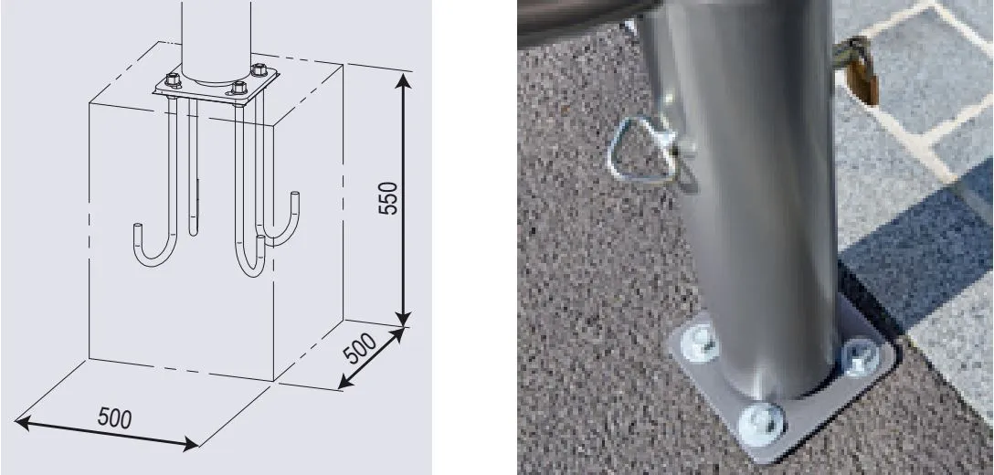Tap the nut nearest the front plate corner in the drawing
pos(239,90)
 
